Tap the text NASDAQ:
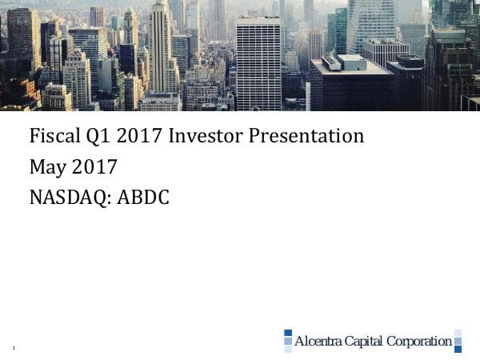[70, 197]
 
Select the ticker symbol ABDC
[143, 197]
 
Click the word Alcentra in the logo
[318, 342]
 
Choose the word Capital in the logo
[364, 342]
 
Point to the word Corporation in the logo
[419, 342]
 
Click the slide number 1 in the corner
[14, 347]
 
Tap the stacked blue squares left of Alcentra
[288, 341]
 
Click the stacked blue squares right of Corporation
[458, 341]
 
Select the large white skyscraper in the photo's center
[258, 64]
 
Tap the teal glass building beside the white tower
[337, 32]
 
